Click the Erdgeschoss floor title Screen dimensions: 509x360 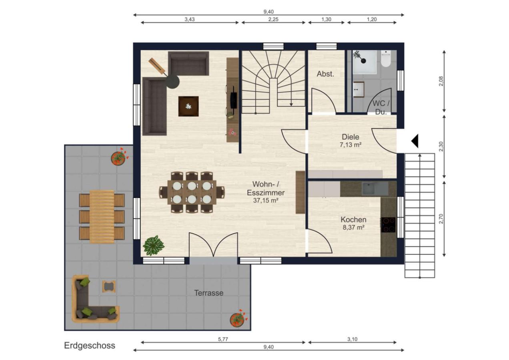(90, 346)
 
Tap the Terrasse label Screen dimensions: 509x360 (208, 293)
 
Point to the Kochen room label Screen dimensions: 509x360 (353, 220)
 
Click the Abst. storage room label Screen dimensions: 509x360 (325, 74)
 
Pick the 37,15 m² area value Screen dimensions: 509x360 (266, 200)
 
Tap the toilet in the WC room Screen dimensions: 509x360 (386, 58)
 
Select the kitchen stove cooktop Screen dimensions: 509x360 (388, 225)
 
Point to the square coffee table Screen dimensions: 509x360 (188, 106)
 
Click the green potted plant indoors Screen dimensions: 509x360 (154, 246)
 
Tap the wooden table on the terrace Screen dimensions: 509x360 (102, 217)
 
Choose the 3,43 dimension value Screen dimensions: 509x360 (190, 19)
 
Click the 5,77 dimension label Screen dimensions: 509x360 (223, 339)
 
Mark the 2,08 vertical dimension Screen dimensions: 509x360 (441, 81)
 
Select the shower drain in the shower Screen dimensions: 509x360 (364, 60)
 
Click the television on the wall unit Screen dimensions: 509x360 (234, 100)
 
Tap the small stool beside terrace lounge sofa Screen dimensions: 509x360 (109, 286)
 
